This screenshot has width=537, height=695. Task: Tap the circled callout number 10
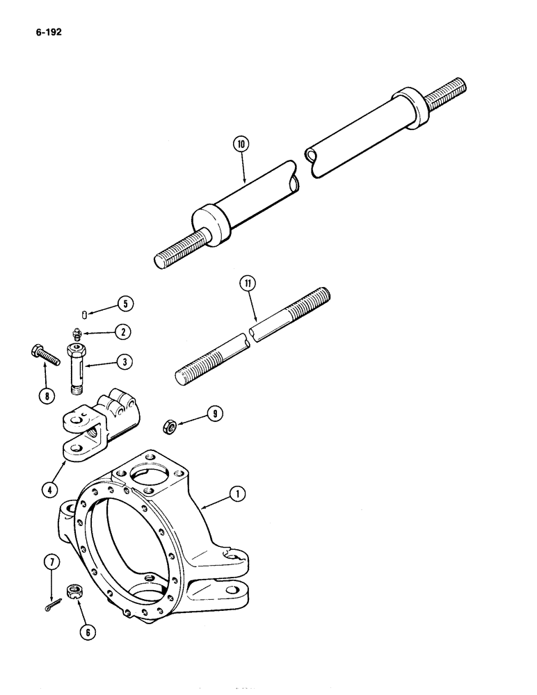[x=241, y=145]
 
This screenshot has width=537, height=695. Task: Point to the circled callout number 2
[x=122, y=332]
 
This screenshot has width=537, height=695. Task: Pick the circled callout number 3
[x=124, y=362]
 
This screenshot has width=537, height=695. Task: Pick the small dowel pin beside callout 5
[x=83, y=316]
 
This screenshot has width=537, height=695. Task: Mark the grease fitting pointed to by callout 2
[x=76, y=336]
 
